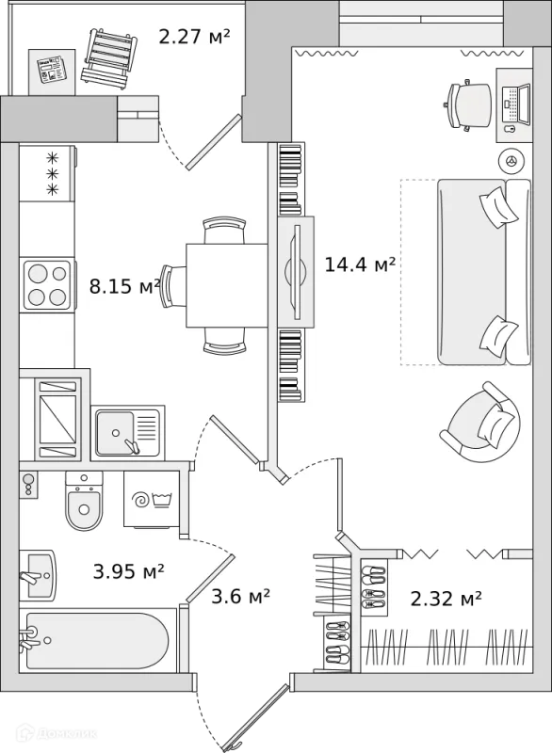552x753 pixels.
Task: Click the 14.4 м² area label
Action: pos(360,264)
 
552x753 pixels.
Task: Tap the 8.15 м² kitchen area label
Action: pos(125,287)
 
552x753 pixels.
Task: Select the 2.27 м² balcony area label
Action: pos(194,37)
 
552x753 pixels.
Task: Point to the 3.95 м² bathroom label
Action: pos(128,571)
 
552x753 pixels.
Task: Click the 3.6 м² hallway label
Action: pos(240,597)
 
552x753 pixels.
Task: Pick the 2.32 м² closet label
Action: pos(446,599)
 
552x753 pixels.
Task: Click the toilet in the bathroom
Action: pos(84,501)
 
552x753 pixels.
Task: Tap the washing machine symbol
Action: pos(152,500)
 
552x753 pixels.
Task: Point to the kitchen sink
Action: pos(127,433)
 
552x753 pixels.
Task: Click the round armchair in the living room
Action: pos(481,422)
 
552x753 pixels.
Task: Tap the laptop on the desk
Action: pos(516,104)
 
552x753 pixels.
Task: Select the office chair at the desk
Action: pos(467,105)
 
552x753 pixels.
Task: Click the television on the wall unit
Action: pos(297,271)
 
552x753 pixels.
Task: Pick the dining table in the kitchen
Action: pos(227,286)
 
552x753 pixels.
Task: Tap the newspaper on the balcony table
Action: pos(52,69)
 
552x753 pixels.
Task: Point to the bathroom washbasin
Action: pos(38,574)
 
